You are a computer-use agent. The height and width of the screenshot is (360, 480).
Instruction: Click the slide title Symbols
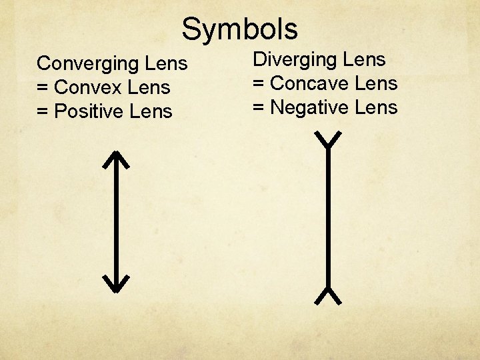239,29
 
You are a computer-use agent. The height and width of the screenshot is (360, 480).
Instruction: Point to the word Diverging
297,60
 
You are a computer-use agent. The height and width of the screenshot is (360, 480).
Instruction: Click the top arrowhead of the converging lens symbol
116,159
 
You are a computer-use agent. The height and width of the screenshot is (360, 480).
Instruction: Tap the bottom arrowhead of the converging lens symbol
116,283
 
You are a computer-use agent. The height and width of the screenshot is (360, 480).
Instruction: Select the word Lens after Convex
150,87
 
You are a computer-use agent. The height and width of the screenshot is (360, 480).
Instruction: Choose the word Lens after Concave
377,83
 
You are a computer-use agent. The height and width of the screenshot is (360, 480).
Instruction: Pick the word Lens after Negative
377,107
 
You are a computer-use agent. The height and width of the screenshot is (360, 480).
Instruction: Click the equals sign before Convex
43,88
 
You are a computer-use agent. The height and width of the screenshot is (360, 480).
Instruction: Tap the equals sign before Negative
258,108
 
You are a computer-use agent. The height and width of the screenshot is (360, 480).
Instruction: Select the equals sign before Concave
258,84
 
